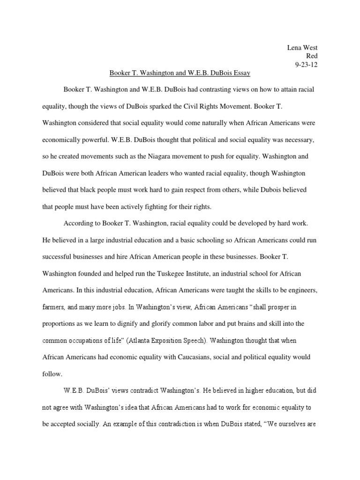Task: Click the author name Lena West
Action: [302, 48]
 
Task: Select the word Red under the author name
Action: [312, 56]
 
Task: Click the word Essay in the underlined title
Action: [240, 73]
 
